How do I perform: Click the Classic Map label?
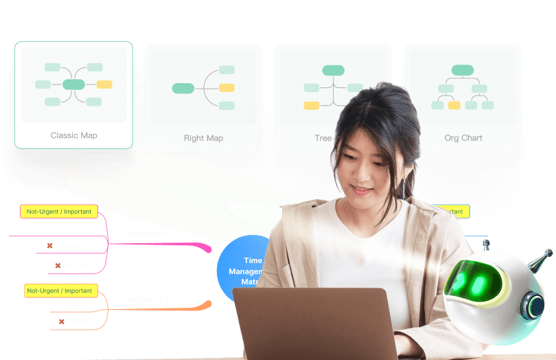coord(73,135)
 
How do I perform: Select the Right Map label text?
coord(203,138)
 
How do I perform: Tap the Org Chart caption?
coord(463,138)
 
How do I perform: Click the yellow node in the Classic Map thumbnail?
coord(104,85)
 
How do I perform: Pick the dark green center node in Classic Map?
coord(73,85)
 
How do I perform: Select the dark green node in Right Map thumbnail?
coord(183,88)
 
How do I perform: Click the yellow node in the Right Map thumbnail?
coord(227,88)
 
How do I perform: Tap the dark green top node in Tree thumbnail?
coord(333,70)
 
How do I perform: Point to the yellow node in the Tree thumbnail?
coord(312,105)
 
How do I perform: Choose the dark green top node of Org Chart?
coord(463,69)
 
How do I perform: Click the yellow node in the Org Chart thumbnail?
coord(454,105)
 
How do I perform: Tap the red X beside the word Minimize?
coord(49,245)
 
